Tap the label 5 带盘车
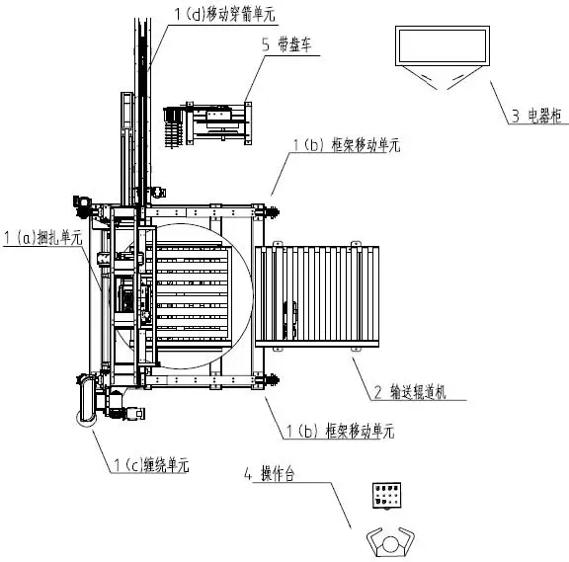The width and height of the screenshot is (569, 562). (287, 46)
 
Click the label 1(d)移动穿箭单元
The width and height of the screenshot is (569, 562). (222, 14)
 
